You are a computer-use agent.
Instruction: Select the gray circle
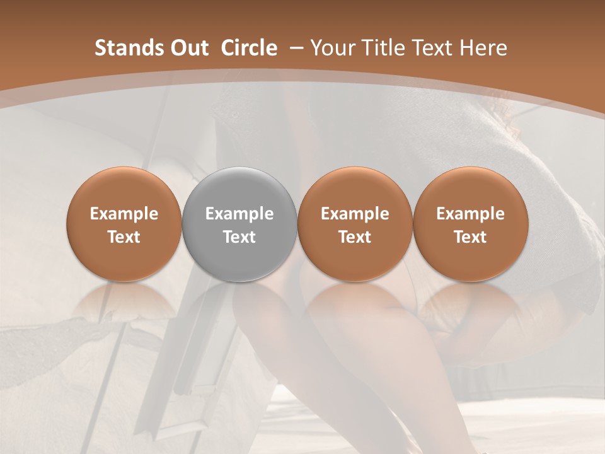point(239,224)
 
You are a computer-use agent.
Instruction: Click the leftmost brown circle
point(124,224)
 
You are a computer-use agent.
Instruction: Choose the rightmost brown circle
point(470,224)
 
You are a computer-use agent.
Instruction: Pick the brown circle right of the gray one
point(355,224)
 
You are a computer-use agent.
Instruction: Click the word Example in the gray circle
point(239,214)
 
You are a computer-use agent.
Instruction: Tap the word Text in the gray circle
point(239,237)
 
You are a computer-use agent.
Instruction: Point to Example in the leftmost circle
point(124,214)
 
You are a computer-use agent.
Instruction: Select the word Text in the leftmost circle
point(124,237)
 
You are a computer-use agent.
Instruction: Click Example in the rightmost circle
point(470,214)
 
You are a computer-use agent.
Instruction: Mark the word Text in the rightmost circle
point(470,237)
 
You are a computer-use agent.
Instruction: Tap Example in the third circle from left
point(355,214)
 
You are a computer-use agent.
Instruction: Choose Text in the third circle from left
point(355,237)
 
